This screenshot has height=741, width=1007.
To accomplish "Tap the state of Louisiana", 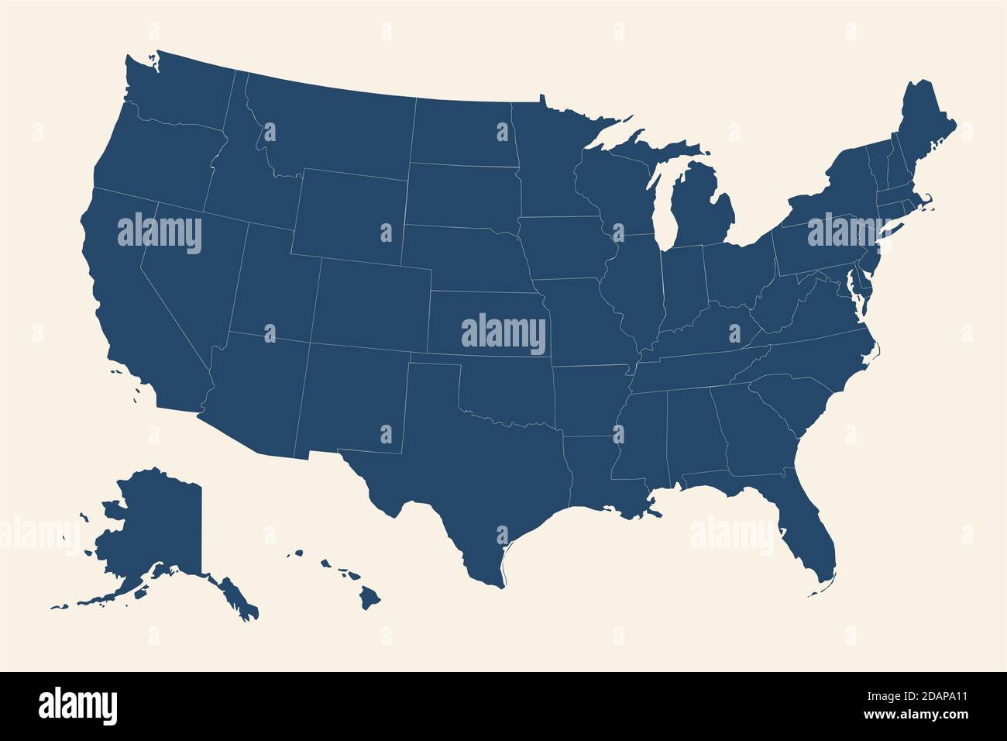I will [596, 481].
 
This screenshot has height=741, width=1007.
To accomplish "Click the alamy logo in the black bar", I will [77, 705].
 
